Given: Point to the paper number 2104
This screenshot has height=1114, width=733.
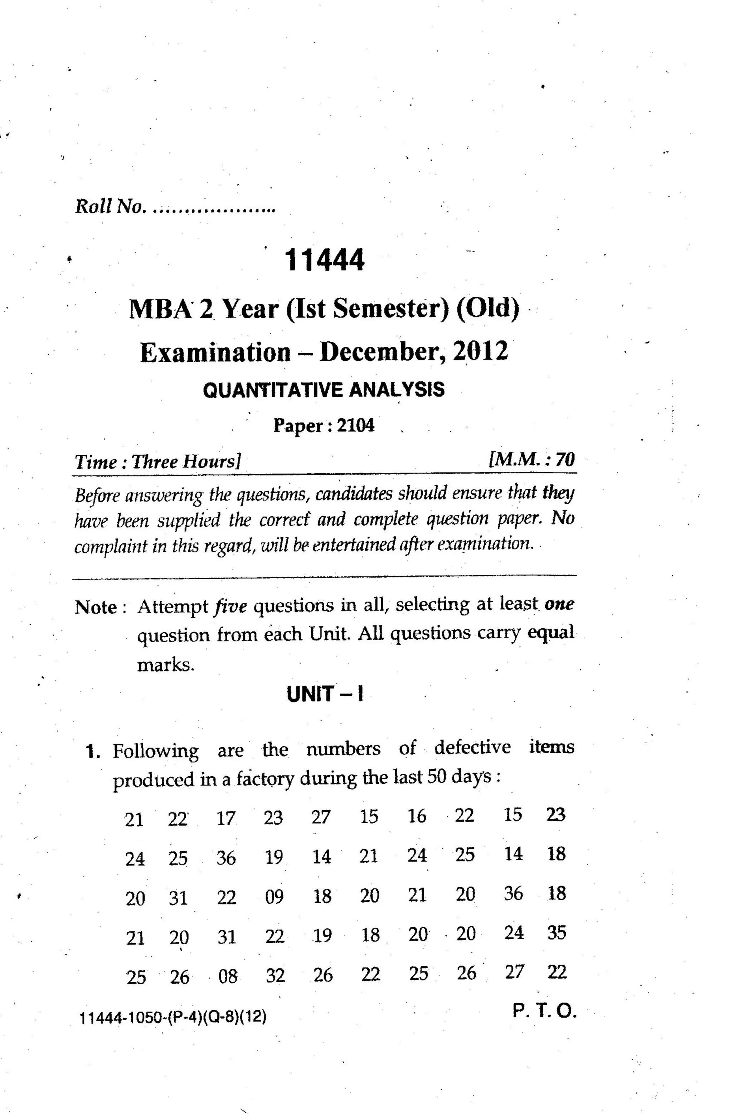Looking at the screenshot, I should [x=355, y=425].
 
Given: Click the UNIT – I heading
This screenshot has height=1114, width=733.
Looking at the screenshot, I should [x=325, y=694].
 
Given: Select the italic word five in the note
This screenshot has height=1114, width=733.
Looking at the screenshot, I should [x=230, y=607].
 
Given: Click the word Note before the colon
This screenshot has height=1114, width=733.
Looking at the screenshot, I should [x=96, y=608].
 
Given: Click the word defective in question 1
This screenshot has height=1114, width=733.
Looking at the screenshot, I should [x=472, y=748].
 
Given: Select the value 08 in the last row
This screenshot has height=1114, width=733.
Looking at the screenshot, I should [x=228, y=976].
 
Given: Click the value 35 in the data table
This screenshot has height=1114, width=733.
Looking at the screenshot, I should [x=557, y=932].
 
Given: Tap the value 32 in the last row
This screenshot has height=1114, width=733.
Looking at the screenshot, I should [x=276, y=976].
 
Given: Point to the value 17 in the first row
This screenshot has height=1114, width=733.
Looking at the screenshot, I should [x=226, y=818].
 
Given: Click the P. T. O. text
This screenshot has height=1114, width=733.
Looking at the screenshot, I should [x=544, y=1012].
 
